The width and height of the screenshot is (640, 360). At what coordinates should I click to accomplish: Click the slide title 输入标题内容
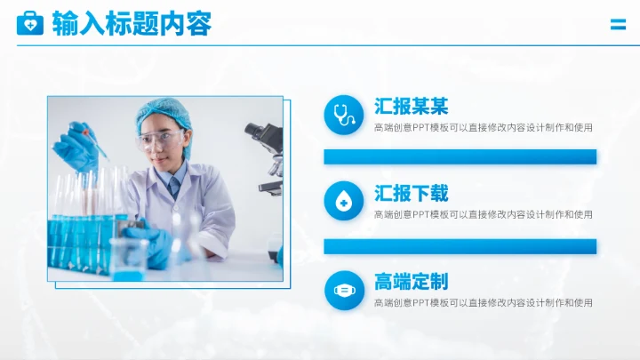click(132, 24)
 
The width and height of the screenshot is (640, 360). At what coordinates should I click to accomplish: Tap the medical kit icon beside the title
click(29, 24)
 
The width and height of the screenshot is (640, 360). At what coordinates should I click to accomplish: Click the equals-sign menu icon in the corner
click(618, 25)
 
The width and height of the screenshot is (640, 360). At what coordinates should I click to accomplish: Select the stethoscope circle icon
click(343, 114)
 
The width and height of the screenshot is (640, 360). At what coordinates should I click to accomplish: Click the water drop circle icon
click(343, 201)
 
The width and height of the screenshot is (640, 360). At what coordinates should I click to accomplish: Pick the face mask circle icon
click(343, 290)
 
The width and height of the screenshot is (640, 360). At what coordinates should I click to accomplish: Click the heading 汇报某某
click(411, 107)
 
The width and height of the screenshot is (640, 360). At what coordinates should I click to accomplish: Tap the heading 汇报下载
click(411, 193)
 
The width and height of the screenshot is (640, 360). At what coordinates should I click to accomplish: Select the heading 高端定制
click(411, 282)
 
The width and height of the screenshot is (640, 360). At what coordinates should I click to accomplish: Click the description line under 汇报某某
click(483, 128)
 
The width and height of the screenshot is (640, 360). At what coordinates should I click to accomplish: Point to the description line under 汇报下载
click(483, 214)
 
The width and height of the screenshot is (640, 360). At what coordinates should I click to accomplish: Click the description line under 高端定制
click(483, 303)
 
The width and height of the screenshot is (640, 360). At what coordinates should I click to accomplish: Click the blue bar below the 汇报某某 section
click(460, 157)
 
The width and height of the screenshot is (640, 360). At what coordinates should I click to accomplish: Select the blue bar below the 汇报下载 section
click(460, 246)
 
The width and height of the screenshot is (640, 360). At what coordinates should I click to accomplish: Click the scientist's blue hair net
click(164, 113)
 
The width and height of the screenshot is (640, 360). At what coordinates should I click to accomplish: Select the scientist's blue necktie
click(173, 186)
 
